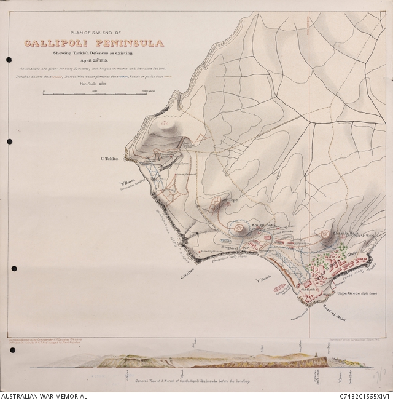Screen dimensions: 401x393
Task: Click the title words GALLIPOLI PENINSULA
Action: (x=94, y=44)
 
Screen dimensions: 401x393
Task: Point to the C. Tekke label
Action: (x=109, y=159)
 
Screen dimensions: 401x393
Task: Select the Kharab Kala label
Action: (x=345, y=234)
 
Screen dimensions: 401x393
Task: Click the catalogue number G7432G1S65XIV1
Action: (x=356, y=396)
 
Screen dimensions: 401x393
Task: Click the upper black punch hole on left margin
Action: (x=9, y=60)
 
